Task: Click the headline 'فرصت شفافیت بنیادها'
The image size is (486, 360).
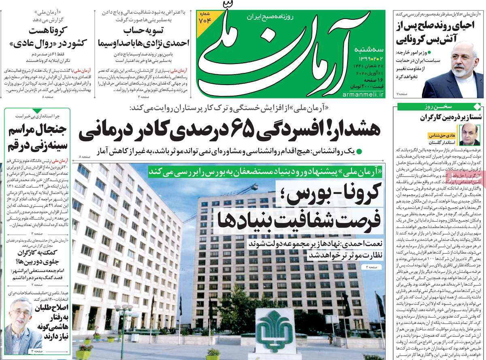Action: pyautogui.click(x=300, y=221)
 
